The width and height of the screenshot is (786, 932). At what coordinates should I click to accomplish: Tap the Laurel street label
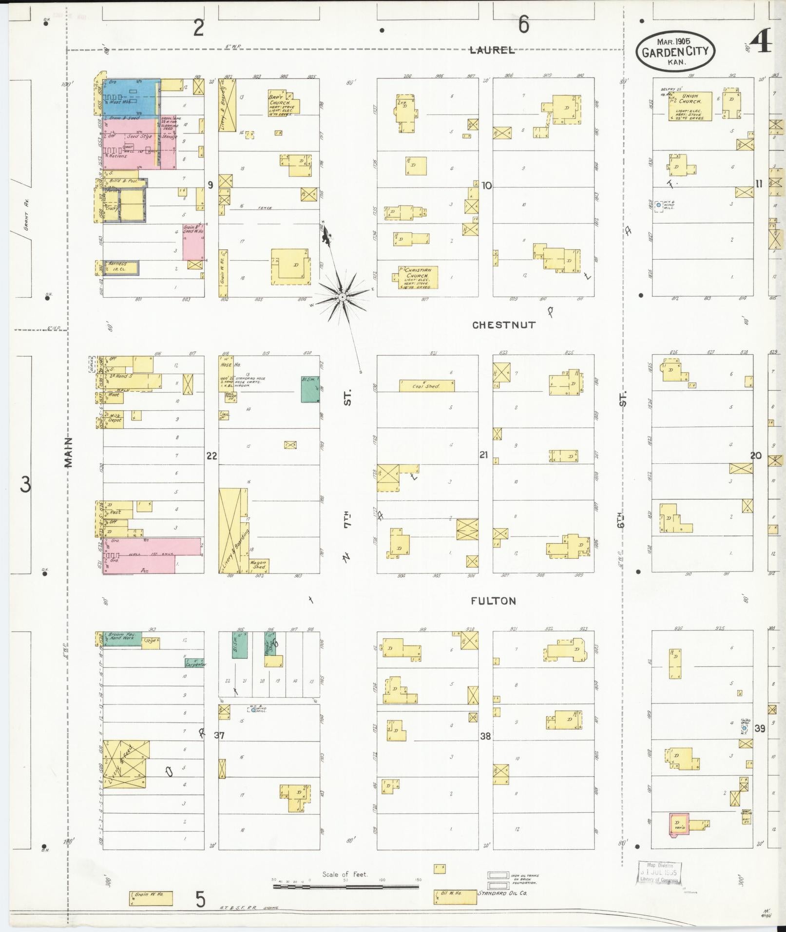click(492, 50)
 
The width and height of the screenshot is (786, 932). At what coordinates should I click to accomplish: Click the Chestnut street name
click(503, 325)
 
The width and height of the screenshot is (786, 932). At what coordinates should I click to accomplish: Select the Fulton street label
click(493, 601)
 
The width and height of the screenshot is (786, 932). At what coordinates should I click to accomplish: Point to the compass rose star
click(342, 296)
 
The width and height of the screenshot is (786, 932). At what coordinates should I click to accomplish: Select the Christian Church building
click(415, 278)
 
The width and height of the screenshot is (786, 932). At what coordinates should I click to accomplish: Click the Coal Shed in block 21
click(426, 386)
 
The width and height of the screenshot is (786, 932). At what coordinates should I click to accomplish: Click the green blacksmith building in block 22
click(310, 389)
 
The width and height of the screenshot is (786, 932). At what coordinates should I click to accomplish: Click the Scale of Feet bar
click(345, 886)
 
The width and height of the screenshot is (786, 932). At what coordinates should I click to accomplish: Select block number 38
click(485, 736)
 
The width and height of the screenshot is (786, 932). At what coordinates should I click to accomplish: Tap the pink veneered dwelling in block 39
click(679, 824)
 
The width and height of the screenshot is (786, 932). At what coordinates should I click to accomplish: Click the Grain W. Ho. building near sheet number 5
click(151, 898)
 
